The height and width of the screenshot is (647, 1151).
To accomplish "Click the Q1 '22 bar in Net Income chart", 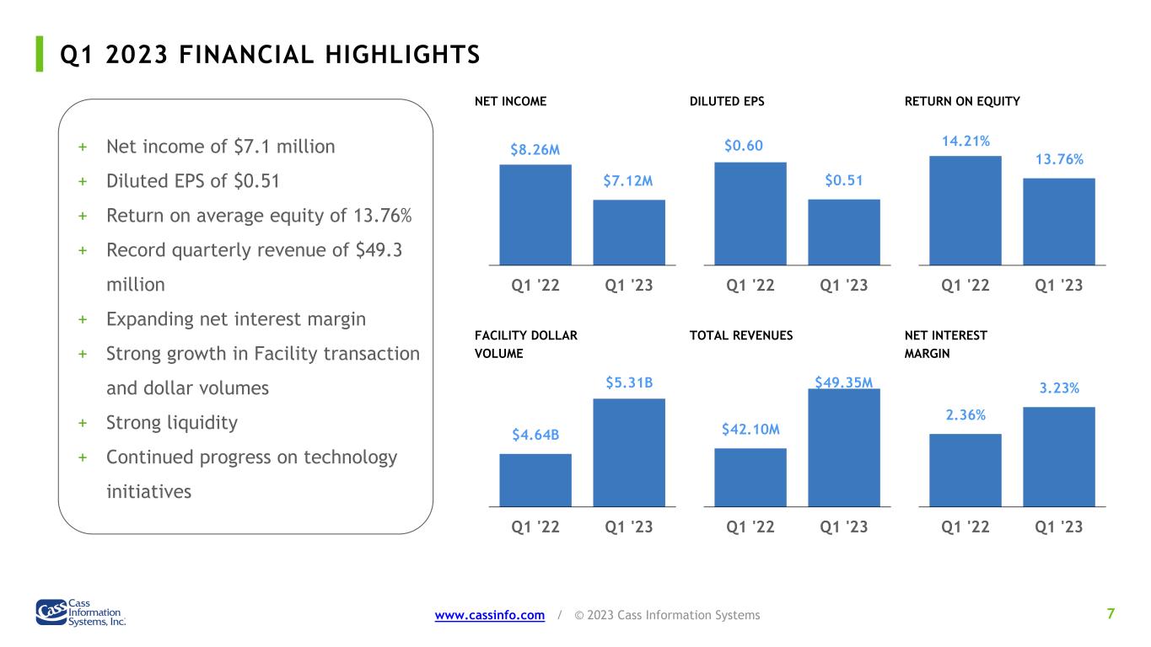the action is pos(535,215).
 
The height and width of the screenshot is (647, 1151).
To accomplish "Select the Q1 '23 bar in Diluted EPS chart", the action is pos(844,233).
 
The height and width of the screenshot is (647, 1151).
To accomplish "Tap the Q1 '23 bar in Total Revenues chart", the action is pos(844,448).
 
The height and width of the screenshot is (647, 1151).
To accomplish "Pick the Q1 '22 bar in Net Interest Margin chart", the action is pos(965,470).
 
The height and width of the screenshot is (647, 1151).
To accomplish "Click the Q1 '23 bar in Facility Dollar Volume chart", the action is pos(629,453).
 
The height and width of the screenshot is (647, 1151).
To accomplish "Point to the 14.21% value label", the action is pos(965,142).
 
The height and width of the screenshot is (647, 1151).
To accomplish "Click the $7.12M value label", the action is pos(628,181).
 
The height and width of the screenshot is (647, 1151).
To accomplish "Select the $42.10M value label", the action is pos(750,430).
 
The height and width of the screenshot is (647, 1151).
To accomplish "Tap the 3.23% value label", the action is pos(1059,388).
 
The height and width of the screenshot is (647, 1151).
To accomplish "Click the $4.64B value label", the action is pos(535,435).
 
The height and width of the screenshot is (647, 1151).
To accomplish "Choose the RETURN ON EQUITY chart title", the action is pos(962,102).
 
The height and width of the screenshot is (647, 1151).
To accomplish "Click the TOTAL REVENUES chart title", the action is pos(741,336).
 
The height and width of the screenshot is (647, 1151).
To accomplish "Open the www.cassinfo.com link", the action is pos(490,615).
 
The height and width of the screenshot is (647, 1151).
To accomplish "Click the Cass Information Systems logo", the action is pos(81,612).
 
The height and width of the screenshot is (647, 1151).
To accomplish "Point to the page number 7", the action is pos(1111,613).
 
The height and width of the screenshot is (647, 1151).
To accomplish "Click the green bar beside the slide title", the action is pos(40,54).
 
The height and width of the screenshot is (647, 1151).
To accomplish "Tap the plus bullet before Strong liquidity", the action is pos(83,423).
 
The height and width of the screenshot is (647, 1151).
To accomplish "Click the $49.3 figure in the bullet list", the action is pos(379,250).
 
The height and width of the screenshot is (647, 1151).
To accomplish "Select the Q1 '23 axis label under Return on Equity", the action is pos(1058,285).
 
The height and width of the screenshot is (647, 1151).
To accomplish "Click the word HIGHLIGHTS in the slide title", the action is pos(402,55).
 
